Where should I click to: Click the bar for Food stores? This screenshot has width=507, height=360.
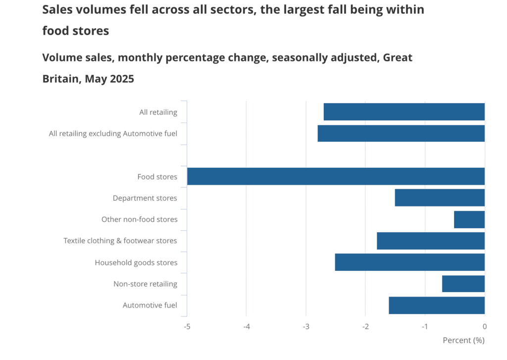pos(336,176)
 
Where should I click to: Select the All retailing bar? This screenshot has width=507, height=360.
pos(404,112)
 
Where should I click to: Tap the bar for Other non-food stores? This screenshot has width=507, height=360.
pos(469,219)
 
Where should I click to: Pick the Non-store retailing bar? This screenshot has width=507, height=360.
pos(463,284)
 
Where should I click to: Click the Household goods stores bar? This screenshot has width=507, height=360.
pos(409,262)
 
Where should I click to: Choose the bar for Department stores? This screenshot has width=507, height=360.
pos(440,198)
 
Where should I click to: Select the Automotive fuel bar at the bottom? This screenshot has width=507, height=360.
pos(437,305)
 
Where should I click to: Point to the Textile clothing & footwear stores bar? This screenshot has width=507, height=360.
pos(430,241)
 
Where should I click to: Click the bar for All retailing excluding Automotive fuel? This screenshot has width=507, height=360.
pos(401,134)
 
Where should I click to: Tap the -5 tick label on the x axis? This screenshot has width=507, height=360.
pos(187,326)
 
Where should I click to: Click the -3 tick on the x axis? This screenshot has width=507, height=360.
pos(306,326)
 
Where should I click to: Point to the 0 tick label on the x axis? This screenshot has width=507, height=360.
pos(484,326)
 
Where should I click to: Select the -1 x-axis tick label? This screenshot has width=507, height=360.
pos(425,326)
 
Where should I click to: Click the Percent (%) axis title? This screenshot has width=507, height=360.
pos(463,340)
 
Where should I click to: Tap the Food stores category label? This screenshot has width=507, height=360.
pos(157,177)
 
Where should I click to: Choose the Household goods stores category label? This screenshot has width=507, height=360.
pos(136,262)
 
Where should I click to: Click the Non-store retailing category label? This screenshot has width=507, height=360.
pos(145,284)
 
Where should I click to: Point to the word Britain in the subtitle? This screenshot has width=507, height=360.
pos(61,79)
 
